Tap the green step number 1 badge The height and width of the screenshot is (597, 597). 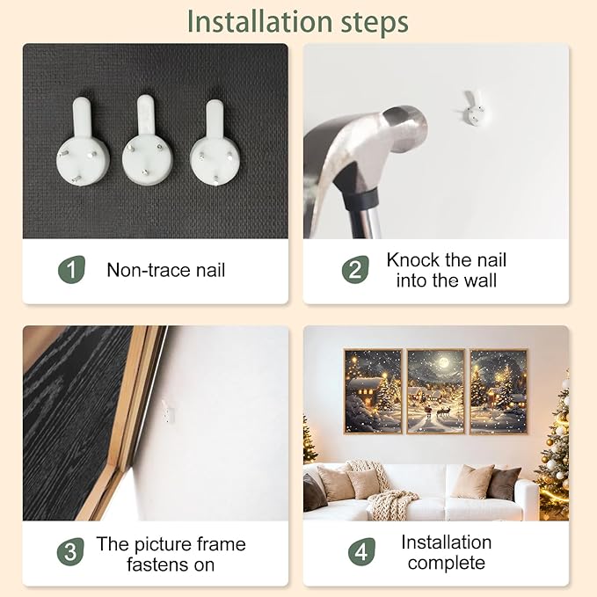click(x=71, y=270)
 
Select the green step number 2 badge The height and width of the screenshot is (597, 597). click(x=355, y=270)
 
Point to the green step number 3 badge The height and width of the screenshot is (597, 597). click(x=70, y=551)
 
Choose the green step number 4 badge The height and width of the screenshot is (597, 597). click(x=361, y=551)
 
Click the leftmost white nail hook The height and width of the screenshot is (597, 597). click(x=83, y=142)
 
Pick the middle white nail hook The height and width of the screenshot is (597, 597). click(x=148, y=140)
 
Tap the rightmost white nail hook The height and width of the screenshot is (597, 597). click(x=215, y=142)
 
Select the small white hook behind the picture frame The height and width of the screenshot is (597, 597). click(x=168, y=411)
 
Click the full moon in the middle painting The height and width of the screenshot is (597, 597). click(x=443, y=361)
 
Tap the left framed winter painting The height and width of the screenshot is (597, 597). click(x=373, y=391)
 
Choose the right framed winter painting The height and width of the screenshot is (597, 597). click(x=499, y=391)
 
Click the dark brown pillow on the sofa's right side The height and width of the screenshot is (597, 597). click(x=504, y=484)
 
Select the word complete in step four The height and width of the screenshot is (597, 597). click(x=447, y=563)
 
